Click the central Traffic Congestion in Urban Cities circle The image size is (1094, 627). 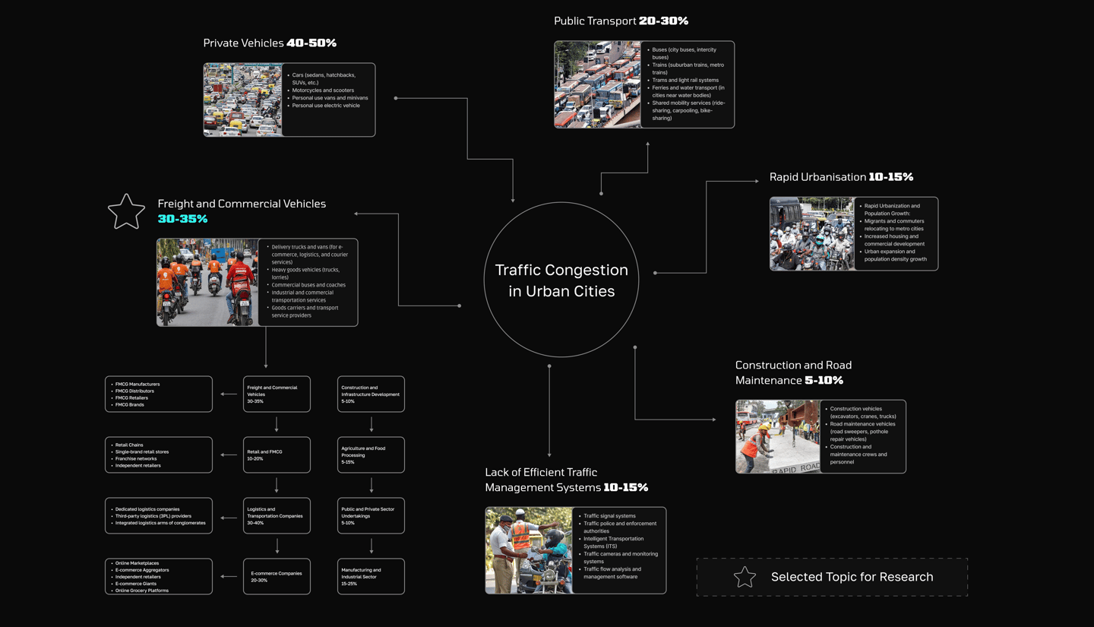pos(561,280)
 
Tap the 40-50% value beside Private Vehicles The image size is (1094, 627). pos(311,43)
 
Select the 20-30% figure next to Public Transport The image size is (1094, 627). pos(663,21)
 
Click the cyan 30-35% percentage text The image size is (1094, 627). pos(182,219)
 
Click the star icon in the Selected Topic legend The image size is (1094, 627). pos(745,577)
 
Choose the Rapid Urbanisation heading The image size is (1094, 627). pos(817,177)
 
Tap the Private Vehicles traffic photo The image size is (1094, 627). pos(243,100)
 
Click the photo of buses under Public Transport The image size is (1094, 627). pos(597,84)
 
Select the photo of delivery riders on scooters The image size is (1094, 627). pos(207,283)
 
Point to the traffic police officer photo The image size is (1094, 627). pos(528,550)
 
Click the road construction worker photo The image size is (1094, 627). pos(777,437)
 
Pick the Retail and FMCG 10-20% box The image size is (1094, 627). pos(277,454)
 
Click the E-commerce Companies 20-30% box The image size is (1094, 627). pos(277,576)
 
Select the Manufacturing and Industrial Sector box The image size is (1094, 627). pos(371,576)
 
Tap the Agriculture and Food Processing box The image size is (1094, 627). pos(371,454)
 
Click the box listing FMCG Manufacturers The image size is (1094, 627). pos(159,394)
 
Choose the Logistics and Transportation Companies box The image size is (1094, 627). pos(277,515)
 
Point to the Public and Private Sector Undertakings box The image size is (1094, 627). pos(371,515)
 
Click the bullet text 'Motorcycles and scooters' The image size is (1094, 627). pos(323,90)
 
